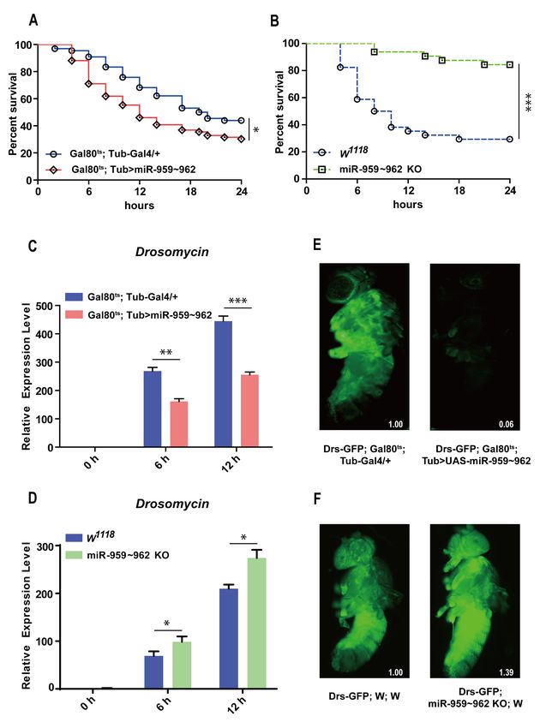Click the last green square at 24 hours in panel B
click(510, 64)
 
